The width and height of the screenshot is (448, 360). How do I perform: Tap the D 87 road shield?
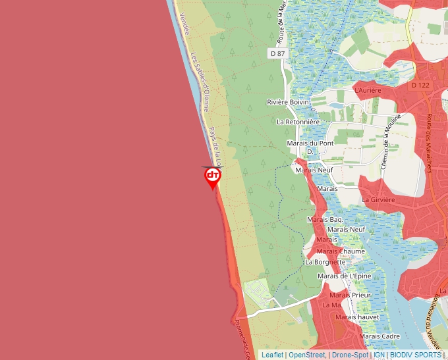point(277,53)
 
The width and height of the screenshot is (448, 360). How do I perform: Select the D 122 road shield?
point(420,85)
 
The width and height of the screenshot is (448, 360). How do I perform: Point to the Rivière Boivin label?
point(289,102)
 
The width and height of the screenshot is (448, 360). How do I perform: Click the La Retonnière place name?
point(298,122)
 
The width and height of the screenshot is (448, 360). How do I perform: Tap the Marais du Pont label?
point(311,143)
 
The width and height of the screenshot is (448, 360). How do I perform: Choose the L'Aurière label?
point(368,90)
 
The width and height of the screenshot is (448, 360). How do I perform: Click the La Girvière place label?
point(378,199)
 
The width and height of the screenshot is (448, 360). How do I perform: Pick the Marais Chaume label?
point(341,251)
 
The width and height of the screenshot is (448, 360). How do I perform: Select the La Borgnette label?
point(325,261)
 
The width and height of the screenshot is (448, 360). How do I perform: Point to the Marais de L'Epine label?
point(344,276)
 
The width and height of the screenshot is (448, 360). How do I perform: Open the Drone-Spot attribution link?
point(350,355)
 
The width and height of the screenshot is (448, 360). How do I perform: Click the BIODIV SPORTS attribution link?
point(415,355)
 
